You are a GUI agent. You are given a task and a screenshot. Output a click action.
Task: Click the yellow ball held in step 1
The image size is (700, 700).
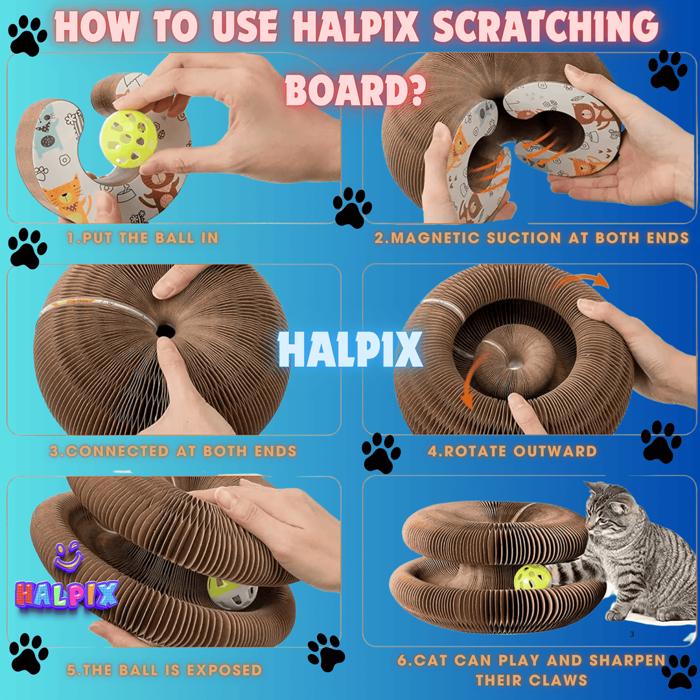click(128, 139)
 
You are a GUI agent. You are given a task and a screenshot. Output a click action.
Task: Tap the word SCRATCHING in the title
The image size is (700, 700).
click(546, 27)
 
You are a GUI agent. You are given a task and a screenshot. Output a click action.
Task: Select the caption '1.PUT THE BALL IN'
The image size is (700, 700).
click(143, 238)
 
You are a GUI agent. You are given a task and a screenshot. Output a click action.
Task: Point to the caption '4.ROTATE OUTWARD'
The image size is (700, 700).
click(512, 451)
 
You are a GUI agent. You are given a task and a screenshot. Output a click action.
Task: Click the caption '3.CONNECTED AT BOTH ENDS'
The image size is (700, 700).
click(173, 451)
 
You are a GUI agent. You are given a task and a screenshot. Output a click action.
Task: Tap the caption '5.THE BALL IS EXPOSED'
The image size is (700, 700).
click(164, 670)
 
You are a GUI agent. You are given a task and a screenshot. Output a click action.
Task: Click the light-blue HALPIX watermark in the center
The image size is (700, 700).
click(351, 349)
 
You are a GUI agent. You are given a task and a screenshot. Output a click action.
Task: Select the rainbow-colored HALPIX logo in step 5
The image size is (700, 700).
click(67, 594)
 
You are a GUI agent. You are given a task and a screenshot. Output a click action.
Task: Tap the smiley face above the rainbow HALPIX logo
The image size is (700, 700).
click(68, 557)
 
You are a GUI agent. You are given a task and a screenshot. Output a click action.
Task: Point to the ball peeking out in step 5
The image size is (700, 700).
click(231, 592)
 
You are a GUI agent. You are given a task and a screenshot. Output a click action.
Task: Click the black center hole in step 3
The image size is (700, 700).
click(166, 331)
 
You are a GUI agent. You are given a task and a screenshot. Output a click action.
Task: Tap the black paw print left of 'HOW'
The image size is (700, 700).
click(28, 36)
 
